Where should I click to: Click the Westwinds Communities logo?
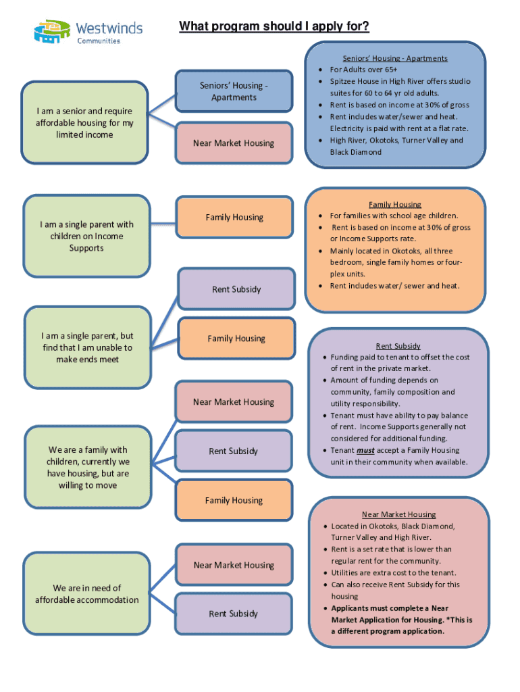(x=88, y=31)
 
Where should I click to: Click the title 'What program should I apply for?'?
(x=274, y=26)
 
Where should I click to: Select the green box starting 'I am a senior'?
(x=85, y=122)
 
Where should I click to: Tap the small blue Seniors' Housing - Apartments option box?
(x=234, y=91)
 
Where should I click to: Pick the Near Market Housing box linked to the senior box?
(x=234, y=143)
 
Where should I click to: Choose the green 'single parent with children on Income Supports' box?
(x=86, y=236)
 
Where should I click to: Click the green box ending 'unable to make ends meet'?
(x=87, y=347)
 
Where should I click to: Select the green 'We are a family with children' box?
(x=88, y=467)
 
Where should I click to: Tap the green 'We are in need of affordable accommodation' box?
(x=87, y=593)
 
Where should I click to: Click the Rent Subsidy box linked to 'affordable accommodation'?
(x=234, y=614)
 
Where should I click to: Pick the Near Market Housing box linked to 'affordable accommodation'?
(x=234, y=565)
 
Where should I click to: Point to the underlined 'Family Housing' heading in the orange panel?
(x=394, y=204)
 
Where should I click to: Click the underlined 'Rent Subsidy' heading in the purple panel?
(x=398, y=345)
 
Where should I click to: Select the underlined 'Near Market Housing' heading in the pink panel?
(x=398, y=514)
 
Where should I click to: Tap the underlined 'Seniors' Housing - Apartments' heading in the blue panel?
(x=394, y=58)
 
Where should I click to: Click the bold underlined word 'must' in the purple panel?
(x=365, y=450)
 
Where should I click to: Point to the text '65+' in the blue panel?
(x=390, y=70)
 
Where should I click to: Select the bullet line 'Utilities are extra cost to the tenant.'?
(x=393, y=572)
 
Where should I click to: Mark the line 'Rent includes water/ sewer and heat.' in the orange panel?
(x=394, y=286)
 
